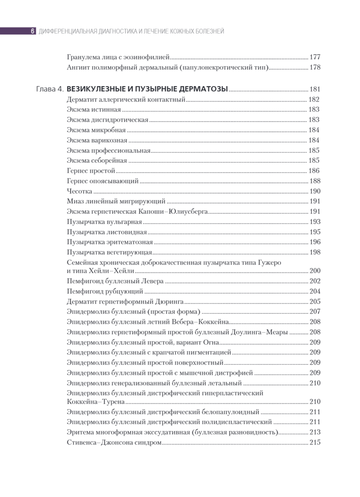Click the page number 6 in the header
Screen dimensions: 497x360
(32, 31)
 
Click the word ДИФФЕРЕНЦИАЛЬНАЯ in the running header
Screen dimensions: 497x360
(67, 31)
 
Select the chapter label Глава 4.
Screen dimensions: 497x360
(50, 89)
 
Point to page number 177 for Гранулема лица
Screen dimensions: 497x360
(314, 57)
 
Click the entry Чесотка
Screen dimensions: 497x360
(79, 191)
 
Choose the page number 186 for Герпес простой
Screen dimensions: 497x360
(314, 171)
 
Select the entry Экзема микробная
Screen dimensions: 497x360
(91, 130)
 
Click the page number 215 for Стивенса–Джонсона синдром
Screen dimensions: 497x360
(314, 442)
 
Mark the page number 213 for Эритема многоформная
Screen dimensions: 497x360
(314, 432)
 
